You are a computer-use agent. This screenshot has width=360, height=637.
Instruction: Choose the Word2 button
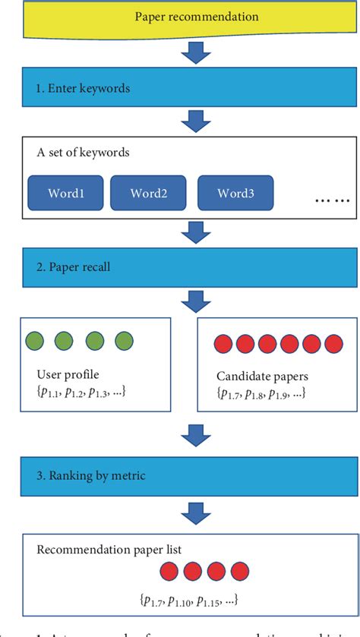tap(149, 193)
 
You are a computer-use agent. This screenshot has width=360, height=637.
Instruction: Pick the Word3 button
tap(235, 193)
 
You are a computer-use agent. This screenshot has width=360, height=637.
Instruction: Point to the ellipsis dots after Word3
tap(333, 199)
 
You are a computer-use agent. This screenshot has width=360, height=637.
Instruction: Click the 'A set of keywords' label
tap(83, 153)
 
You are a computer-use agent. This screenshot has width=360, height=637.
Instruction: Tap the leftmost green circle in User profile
tap(35, 341)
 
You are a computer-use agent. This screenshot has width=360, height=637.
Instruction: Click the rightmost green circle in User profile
tap(123, 341)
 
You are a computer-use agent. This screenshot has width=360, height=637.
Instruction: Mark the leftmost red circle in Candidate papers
tap(223, 344)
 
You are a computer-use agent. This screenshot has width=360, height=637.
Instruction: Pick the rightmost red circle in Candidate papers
tap(333, 344)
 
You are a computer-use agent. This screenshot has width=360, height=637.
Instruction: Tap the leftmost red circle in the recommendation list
tap(170, 571)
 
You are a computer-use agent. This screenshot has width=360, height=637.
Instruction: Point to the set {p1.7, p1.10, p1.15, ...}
tap(189, 600)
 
